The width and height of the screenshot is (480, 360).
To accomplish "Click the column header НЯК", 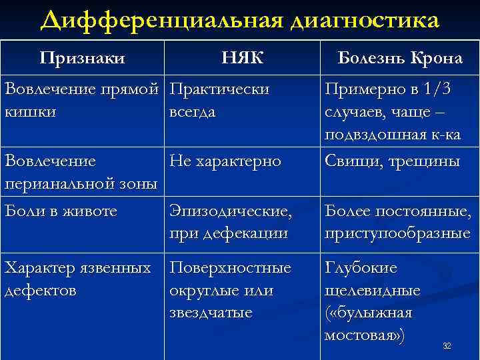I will point(242,59).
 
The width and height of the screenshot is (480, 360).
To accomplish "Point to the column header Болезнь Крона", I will point(400,59).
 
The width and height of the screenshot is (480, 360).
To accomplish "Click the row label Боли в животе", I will point(61,211).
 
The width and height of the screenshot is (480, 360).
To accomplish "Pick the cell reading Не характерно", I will point(225,161).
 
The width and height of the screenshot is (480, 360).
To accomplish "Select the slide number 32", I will point(447,345).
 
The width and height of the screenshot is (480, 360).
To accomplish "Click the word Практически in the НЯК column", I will point(219,89).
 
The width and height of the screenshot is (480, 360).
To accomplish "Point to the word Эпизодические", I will point(231,211).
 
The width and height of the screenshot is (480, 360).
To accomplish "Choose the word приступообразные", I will point(397,233).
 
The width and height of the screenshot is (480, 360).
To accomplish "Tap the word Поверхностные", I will point(231,268).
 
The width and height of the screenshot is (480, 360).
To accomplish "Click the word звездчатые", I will point(211,313).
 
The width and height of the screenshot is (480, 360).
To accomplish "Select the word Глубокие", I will point(361,268).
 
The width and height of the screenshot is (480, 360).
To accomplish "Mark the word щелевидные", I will point(373,291).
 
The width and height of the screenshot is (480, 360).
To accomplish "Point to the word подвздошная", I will point(378,135).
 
